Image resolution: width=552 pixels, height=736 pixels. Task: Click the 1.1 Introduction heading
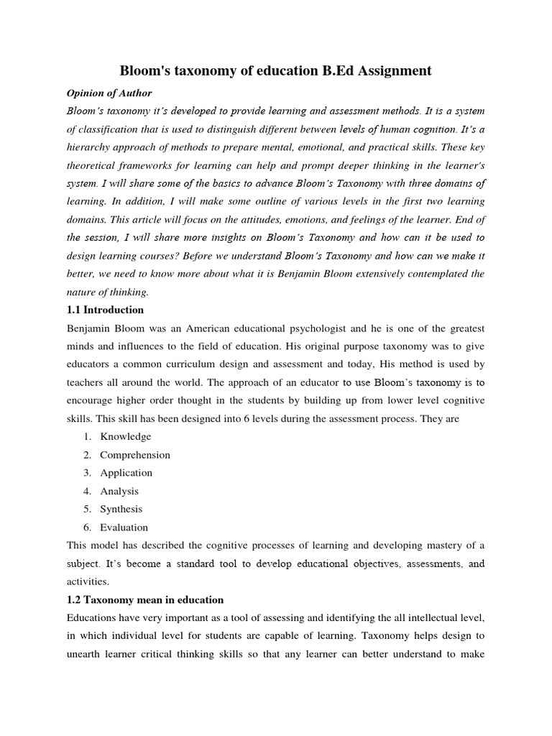[105, 310]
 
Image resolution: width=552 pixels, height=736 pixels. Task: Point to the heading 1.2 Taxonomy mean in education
[145, 599]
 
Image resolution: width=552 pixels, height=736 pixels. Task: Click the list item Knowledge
[126, 436]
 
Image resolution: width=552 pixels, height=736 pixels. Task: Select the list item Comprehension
[135, 455]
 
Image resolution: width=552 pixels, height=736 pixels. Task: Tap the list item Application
[126, 473]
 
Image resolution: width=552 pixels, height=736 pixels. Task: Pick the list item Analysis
[119, 491]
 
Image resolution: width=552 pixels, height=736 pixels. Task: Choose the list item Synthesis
[121, 509]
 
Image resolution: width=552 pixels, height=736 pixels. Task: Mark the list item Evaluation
[124, 527]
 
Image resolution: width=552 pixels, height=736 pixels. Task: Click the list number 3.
[86, 473]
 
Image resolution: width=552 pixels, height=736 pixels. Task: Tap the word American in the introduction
[201, 328]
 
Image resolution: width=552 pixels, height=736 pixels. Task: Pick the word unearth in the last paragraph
[87, 654]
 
